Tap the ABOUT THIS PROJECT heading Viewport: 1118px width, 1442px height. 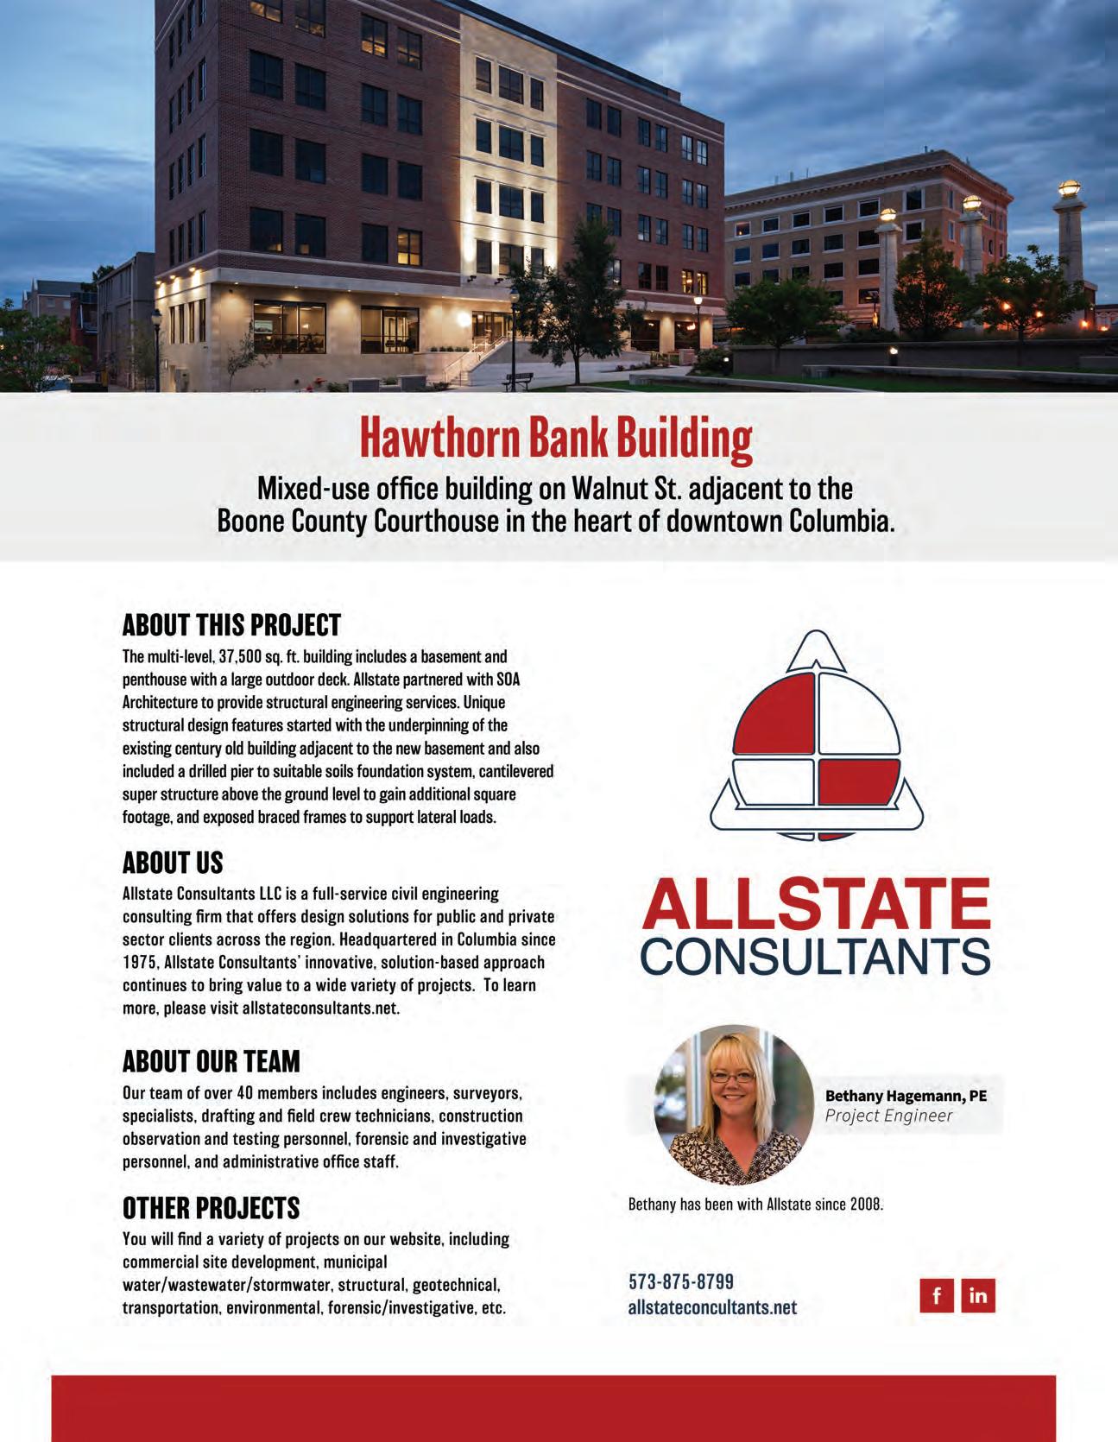tap(231, 624)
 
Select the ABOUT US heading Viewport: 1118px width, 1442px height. tap(173, 863)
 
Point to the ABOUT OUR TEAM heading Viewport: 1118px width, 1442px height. tap(212, 1061)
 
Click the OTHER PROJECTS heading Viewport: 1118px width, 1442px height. tap(211, 1207)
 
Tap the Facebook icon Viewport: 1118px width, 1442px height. tap(937, 1296)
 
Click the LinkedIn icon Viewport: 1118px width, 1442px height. tap(978, 1296)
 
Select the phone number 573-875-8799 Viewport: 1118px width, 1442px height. tap(681, 1282)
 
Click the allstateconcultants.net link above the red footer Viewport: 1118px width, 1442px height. tap(712, 1307)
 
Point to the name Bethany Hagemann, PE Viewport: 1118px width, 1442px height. tap(906, 1096)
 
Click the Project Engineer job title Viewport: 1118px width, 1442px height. tap(888, 1116)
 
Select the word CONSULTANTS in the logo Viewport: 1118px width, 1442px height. tap(816, 955)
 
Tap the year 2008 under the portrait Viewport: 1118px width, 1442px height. tap(866, 1205)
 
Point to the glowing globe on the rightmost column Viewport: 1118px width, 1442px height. tap(1071, 187)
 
